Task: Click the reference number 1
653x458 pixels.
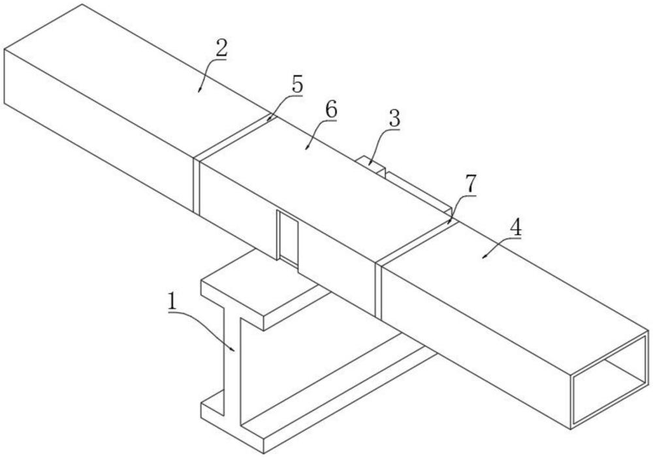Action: point(172,301)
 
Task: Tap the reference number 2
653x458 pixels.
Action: point(221,49)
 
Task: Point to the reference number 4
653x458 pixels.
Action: point(516,227)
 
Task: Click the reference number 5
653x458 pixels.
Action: point(297,85)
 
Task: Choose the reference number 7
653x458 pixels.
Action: point(471,184)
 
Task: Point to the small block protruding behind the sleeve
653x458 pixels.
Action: point(372,164)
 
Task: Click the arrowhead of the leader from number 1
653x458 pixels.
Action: point(233,350)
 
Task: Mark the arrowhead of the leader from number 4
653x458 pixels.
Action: point(485,256)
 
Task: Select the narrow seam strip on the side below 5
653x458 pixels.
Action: point(197,185)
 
